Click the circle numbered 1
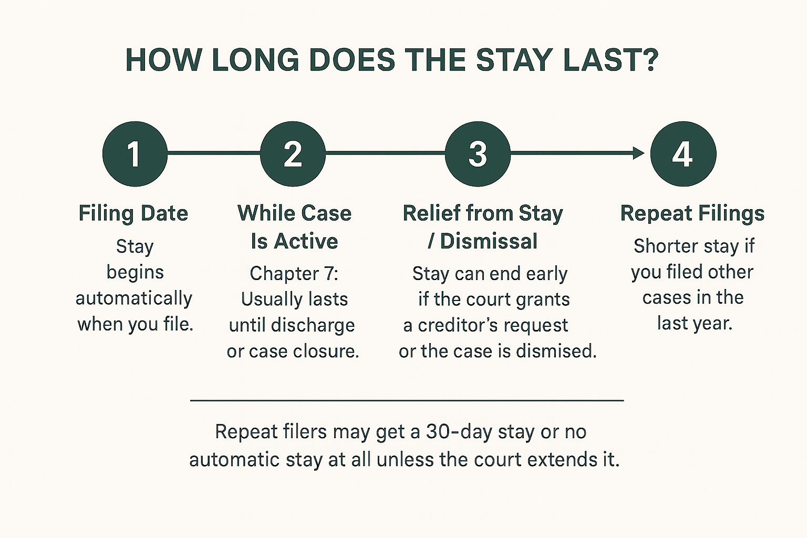pyautogui.click(x=135, y=154)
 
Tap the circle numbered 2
pyautogui.click(x=293, y=154)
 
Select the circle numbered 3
pyautogui.click(x=478, y=154)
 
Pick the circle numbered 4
pyautogui.click(x=683, y=154)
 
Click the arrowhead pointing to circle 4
pyautogui.click(x=639, y=153)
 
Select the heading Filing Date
pyautogui.click(x=133, y=213)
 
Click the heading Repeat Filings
pyautogui.click(x=692, y=213)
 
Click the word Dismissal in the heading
pyautogui.click(x=489, y=241)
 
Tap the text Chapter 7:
pyautogui.click(x=294, y=274)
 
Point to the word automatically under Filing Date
pyautogui.click(x=134, y=299)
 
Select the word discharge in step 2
pyautogui.click(x=313, y=325)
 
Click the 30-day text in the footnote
pyautogui.click(x=459, y=432)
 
